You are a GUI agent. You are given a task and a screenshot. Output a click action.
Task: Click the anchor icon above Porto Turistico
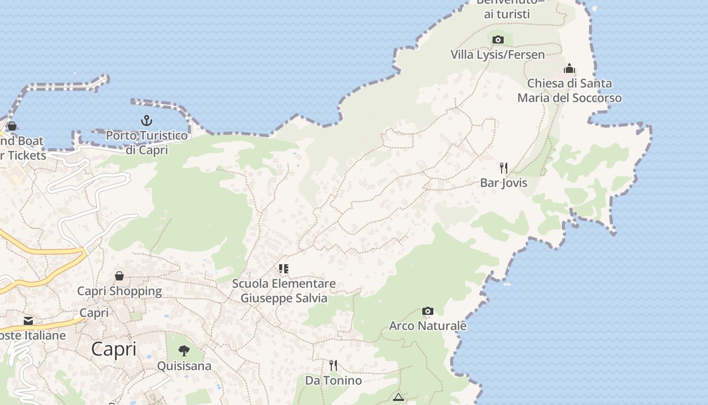click(146, 120)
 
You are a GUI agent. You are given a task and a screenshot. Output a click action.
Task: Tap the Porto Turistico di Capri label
click(147, 143)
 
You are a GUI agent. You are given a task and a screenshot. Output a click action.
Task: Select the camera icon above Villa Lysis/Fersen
click(498, 39)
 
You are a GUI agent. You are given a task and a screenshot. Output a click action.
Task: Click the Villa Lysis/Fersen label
click(498, 55)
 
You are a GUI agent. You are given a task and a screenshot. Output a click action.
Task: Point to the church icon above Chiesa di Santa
click(569, 68)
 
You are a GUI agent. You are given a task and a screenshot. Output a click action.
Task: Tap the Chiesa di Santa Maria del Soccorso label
click(569, 91)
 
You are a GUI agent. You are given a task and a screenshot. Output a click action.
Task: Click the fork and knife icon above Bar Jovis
click(504, 168)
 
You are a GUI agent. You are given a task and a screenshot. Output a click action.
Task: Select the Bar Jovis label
click(504, 183)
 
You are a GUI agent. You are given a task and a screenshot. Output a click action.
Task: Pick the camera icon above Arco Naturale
click(428, 311)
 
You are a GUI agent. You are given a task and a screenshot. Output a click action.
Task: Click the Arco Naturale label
click(428, 326)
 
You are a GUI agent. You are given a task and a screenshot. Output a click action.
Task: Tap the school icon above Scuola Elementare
click(284, 269)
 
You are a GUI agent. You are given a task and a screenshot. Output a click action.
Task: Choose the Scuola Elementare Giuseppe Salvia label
click(284, 291)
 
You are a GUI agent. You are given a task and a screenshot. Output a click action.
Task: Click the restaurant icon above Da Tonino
click(333, 366)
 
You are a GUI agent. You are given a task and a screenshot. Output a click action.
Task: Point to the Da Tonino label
click(333, 380)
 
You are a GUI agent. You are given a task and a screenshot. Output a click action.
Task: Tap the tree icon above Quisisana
click(184, 350)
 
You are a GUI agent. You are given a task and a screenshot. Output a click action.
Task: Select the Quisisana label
click(184, 366)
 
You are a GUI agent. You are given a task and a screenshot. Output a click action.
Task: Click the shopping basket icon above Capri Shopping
click(119, 276)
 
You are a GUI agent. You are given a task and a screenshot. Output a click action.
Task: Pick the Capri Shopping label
click(119, 291)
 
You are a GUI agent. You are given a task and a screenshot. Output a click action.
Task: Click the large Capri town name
click(114, 349)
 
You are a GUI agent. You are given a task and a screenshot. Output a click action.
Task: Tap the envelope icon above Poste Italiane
click(28, 321)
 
